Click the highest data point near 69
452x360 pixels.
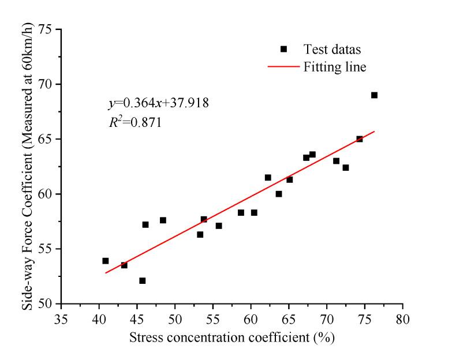pyautogui.click(x=374, y=95)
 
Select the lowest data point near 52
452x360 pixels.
pyautogui.click(x=142, y=281)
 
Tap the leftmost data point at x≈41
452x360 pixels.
pyautogui.click(x=106, y=261)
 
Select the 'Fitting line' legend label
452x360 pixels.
pyautogui.click(x=335, y=67)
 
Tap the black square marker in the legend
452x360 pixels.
pyautogui.click(x=283, y=49)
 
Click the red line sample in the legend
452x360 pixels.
pyautogui.click(x=283, y=67)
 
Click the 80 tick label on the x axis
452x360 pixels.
pyautogui.click(x=403, y=318)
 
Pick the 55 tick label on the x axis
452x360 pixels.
pyautogui.click(x=214, y=318)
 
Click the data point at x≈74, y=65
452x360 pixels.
pyautogui.click(x=359, y=139)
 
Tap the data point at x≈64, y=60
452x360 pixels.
pyautogui.click(x=279, y=194)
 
